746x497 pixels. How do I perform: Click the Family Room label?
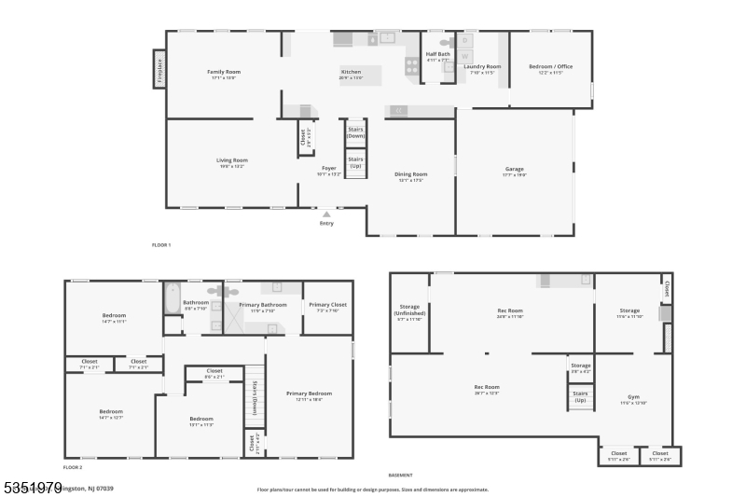224,72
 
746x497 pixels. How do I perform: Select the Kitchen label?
351,72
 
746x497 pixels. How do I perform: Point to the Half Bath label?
437,54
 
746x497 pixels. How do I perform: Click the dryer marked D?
466,41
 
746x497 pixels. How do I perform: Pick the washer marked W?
466,56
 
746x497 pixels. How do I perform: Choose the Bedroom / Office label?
549,67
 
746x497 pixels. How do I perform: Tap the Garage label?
515,169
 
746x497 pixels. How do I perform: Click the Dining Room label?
410,174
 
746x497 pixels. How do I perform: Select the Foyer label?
329,169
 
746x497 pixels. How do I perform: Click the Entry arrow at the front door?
326,214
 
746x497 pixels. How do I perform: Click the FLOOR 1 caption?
161,244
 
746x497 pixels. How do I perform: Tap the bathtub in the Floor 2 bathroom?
172,298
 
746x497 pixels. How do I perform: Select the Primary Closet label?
327,305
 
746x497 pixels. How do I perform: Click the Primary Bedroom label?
309,393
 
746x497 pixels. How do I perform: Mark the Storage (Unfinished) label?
409,311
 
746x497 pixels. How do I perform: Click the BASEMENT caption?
400,475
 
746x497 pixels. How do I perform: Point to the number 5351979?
32,487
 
